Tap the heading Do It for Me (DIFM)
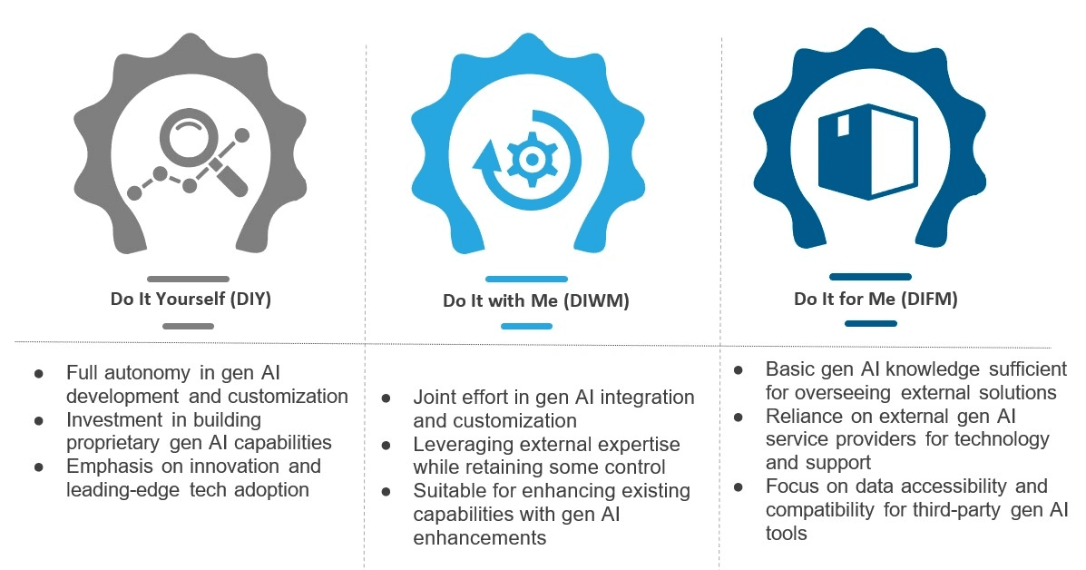click(x=869, y=299)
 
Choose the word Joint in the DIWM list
click(x=436, y=398)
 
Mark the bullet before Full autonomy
click(x=38, y=374)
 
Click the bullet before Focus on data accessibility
click(x=739, y=486)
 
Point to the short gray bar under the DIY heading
click(x=188, y=326)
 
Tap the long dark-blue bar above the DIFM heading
click(x=869, y=277)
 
